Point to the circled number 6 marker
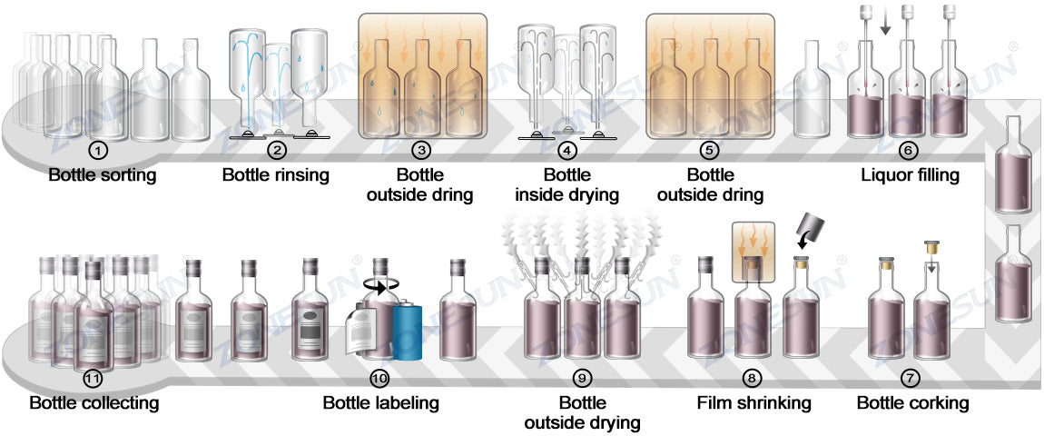click(909, 149)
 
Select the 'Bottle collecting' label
click(94, 402)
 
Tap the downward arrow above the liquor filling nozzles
click(885, 26)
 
